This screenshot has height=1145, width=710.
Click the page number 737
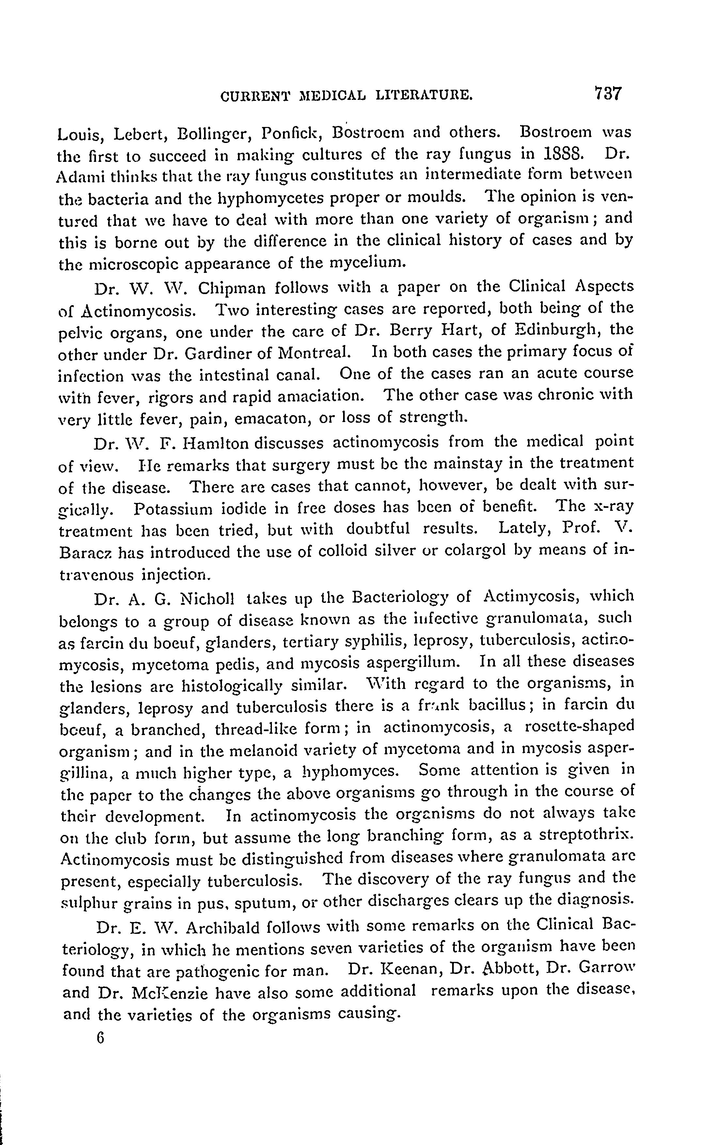[607, 93]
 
